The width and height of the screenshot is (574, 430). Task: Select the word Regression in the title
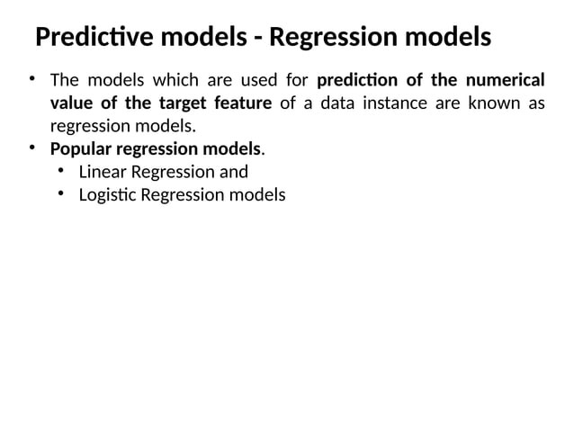click(335, 39)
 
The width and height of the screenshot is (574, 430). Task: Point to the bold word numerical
click(504, 79)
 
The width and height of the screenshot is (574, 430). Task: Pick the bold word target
click(186, 103)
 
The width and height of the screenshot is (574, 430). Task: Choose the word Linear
click(102, 171)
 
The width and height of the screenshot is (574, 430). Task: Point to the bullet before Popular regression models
click(31, 147)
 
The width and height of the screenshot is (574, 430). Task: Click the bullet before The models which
click(31, 77)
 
